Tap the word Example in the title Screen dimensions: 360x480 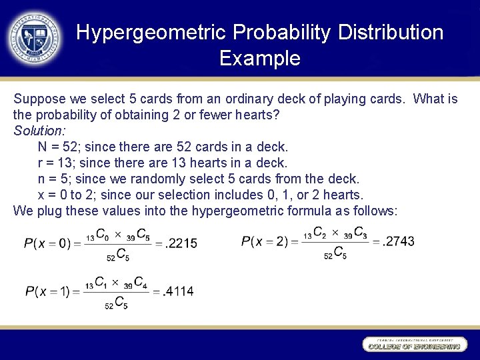coord(259,59)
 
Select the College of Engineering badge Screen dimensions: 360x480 coord(413,344)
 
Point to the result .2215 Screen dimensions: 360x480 coord(181,243)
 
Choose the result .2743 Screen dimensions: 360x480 coord(398,241)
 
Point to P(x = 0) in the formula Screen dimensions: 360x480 coord(47,243)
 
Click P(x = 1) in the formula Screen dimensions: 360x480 coord(47,291)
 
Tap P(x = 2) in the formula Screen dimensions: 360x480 coord(265,241)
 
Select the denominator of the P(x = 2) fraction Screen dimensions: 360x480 coord(335,253)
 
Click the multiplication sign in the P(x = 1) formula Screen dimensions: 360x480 coord(114,283)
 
